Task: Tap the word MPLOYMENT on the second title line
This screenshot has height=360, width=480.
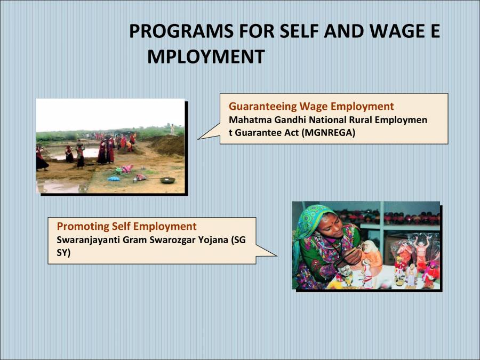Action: [206, 57]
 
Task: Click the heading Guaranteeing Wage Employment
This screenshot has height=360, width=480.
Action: [311, 106]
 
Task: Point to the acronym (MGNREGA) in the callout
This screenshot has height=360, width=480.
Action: [328, 133]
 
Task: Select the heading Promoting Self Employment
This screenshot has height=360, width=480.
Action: [126, 226]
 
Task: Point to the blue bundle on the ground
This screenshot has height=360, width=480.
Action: [114, 178]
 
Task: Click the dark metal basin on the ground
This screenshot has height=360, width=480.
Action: [167, 180]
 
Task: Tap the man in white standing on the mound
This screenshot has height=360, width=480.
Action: [172, 129]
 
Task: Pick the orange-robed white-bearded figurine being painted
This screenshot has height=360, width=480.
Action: [370, 256]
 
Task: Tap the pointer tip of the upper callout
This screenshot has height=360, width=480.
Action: [198, 139]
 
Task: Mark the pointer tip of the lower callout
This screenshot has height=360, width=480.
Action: [277, 255]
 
